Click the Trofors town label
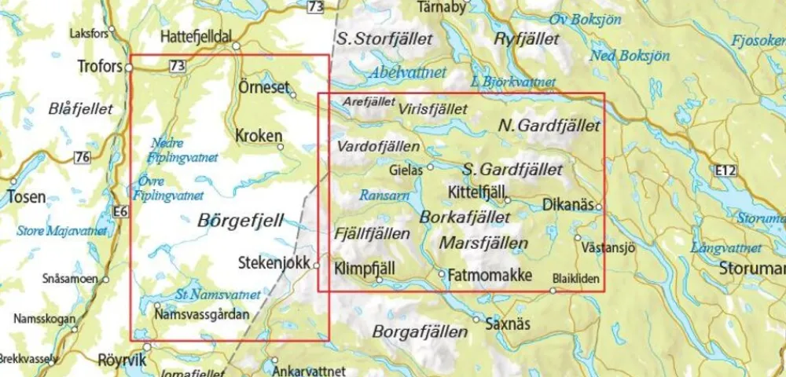click(x=101, y=68)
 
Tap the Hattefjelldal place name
click(x=197, y=37)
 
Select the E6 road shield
click(x=119, y=211)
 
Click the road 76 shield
click(x=82, y=159)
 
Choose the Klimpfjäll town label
click(x=364, y=268)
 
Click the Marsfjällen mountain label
click(x=483, y=243)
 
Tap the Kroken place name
click(x=258, y=136)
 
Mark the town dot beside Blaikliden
click(x=553, y=291)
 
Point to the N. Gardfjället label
click(x=549, y=126)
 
